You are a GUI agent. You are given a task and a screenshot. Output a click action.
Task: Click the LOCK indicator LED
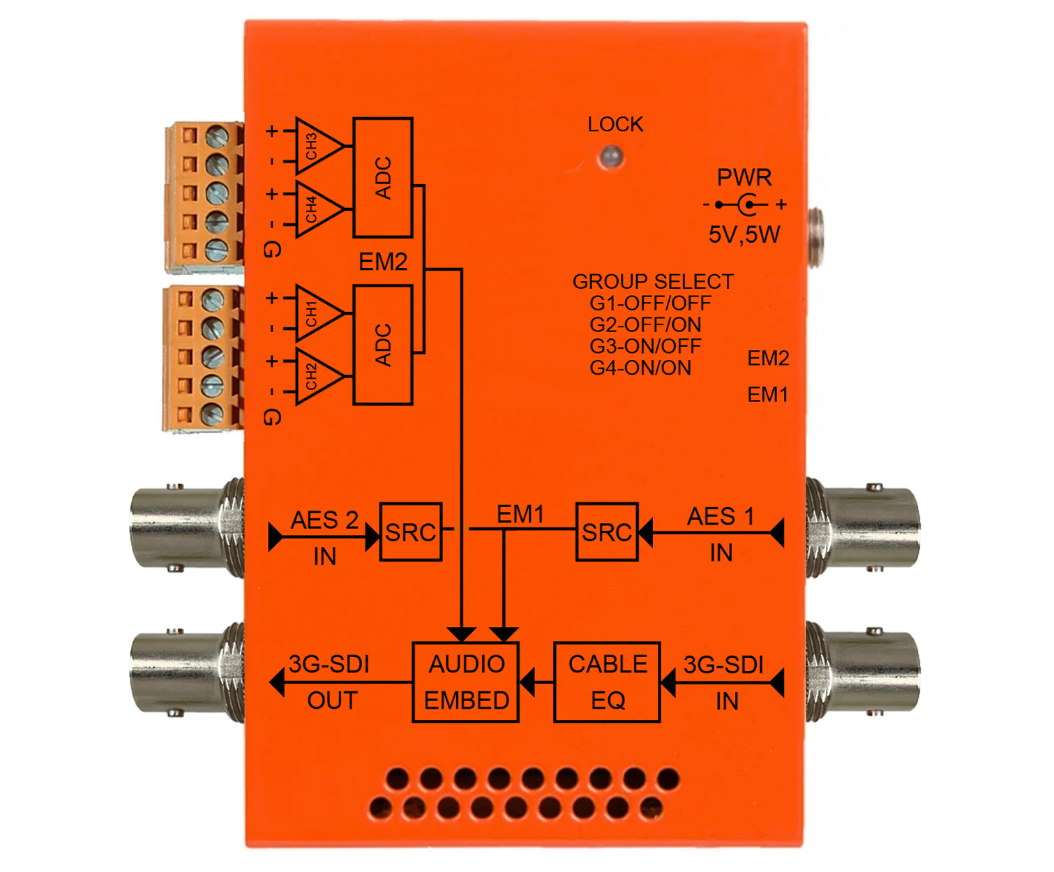tap(611, 156)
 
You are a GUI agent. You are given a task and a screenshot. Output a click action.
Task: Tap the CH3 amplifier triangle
tap(316, 146)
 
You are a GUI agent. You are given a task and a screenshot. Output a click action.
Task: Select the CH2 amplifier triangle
tap(316, 377)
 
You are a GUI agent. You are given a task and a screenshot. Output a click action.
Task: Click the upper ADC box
tap(383, 178)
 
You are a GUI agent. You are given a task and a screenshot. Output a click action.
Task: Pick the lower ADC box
tap(383, 345)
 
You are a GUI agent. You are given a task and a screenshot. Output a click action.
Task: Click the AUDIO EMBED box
tap(466, 682)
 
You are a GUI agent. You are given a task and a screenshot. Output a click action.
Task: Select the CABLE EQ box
tap(607, 682)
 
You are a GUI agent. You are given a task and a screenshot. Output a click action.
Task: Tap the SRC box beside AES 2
tap(411, 532)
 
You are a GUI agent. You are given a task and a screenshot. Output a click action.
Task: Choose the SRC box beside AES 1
tap(607, 532)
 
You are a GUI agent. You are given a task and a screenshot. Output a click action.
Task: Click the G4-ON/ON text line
tap(640, 368)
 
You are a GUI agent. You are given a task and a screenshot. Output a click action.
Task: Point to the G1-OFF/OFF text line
tap(650, 303)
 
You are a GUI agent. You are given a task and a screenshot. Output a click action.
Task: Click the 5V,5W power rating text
tap(744, 234)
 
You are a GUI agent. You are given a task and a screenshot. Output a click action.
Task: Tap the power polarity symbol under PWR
tap(745, 205)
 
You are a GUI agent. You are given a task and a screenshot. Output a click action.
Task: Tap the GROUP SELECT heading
tap(653, 282)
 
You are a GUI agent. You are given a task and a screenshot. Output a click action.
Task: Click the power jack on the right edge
tap(815, 238)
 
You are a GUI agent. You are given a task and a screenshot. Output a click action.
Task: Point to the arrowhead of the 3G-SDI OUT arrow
tap(278, 682)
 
